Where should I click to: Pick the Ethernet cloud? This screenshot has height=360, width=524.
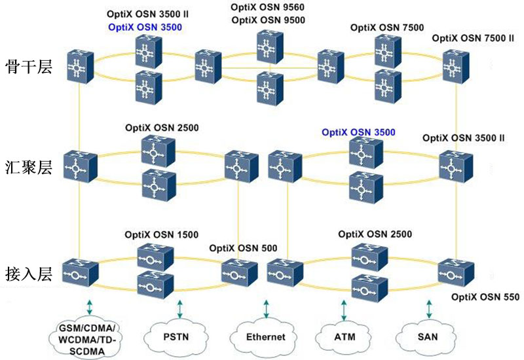tap(265, 337)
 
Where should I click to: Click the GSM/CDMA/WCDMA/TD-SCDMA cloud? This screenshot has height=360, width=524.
tap(85, 336)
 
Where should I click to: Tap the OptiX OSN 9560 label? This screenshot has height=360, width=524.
tap(263, 8)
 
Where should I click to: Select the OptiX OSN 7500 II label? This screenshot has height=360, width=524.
tap(474, 39)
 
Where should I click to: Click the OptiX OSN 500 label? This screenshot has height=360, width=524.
tap(244, 248)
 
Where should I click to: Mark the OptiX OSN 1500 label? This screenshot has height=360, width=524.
tap(162, 234)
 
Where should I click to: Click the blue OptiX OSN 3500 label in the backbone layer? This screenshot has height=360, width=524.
tap(144, 27)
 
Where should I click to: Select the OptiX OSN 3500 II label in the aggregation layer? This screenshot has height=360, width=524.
tap(463, 138)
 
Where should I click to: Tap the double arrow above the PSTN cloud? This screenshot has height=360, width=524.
tap(179, 308)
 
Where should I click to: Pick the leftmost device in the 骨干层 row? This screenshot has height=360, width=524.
tap(79, 67)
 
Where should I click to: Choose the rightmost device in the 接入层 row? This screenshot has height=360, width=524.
tap(455, 272)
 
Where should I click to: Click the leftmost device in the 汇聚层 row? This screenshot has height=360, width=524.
tap(79, 166)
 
